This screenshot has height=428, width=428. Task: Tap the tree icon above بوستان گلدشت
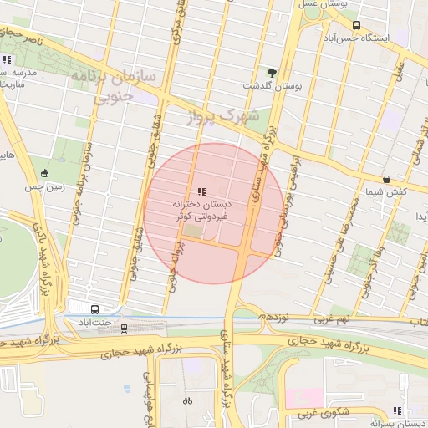tap(271, 72)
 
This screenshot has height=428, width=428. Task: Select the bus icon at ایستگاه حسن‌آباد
tap(357, 25)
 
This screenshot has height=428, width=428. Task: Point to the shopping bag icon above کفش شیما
tap(386, 179)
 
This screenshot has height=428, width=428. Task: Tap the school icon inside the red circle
tap(201, 191)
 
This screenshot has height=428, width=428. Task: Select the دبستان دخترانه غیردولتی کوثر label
tap(201, 210)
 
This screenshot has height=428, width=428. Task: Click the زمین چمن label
tap(44, 187)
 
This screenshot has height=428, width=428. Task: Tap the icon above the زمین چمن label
tap(44, 173)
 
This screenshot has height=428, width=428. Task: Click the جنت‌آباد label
tap(93, 322)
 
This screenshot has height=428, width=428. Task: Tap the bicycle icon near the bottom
tap(187, 400)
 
